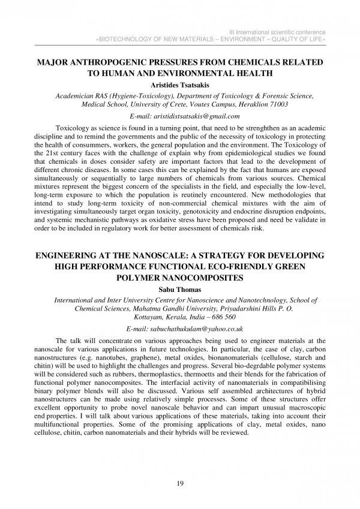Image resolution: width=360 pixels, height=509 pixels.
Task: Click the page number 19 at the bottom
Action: click(x=180, y=484)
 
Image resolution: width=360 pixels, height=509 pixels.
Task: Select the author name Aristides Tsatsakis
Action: click(x=180, y=85)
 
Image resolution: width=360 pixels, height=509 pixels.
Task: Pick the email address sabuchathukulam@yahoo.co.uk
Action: click(x=193, y=329)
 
